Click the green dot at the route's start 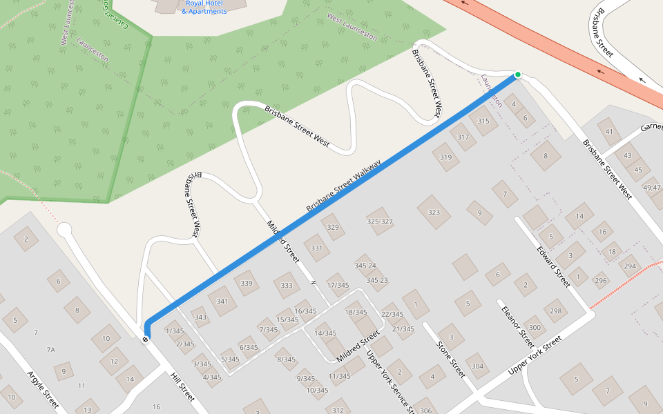517,75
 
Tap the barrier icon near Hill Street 146,338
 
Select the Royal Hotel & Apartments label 204,8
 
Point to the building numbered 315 483,121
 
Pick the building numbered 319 445,157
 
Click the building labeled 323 434,212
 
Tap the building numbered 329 333,227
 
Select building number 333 287,285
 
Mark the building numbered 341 222,301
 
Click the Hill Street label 183,387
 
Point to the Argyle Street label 43,389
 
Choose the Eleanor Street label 518,326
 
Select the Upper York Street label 535,357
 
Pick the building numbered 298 555,310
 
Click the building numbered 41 608,131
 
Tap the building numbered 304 477,366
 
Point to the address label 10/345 317,391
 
